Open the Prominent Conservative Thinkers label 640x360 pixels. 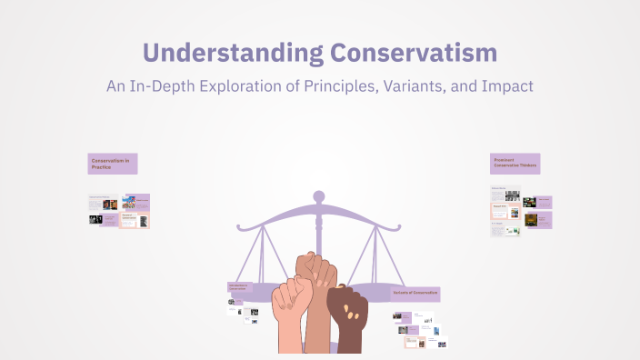pos(515,164)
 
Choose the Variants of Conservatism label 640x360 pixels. pos(416,294)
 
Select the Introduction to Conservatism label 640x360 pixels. pos(243,288)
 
